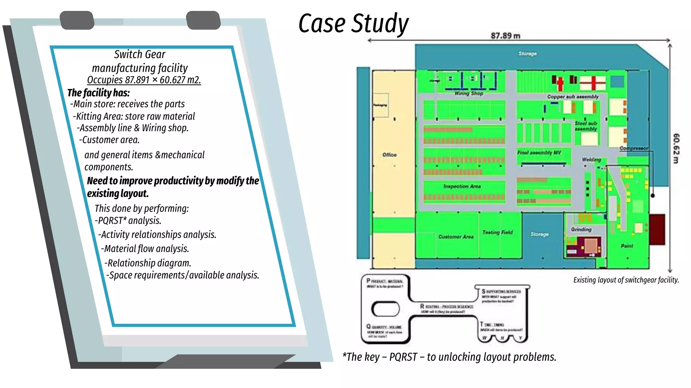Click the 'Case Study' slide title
[353, 23]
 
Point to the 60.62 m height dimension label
[676, 149]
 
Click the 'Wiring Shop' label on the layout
[469, 93]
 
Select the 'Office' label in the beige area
[389, 155]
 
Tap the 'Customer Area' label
[456, 237]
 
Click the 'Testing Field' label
[497, 232]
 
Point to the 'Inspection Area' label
[462, 186]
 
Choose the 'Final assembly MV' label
[539, 153]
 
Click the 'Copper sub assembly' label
[573, 97]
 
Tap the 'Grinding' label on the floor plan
[581, 229]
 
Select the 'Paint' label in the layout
[627, 246]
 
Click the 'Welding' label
[591, 159]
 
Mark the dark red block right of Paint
[657, 229]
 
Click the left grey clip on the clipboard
[77, 20]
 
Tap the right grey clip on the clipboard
[203, 20]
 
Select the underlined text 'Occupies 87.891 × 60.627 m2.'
[144, 80]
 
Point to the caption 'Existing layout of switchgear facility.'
[626, 280]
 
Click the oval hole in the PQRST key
[385, 309]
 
